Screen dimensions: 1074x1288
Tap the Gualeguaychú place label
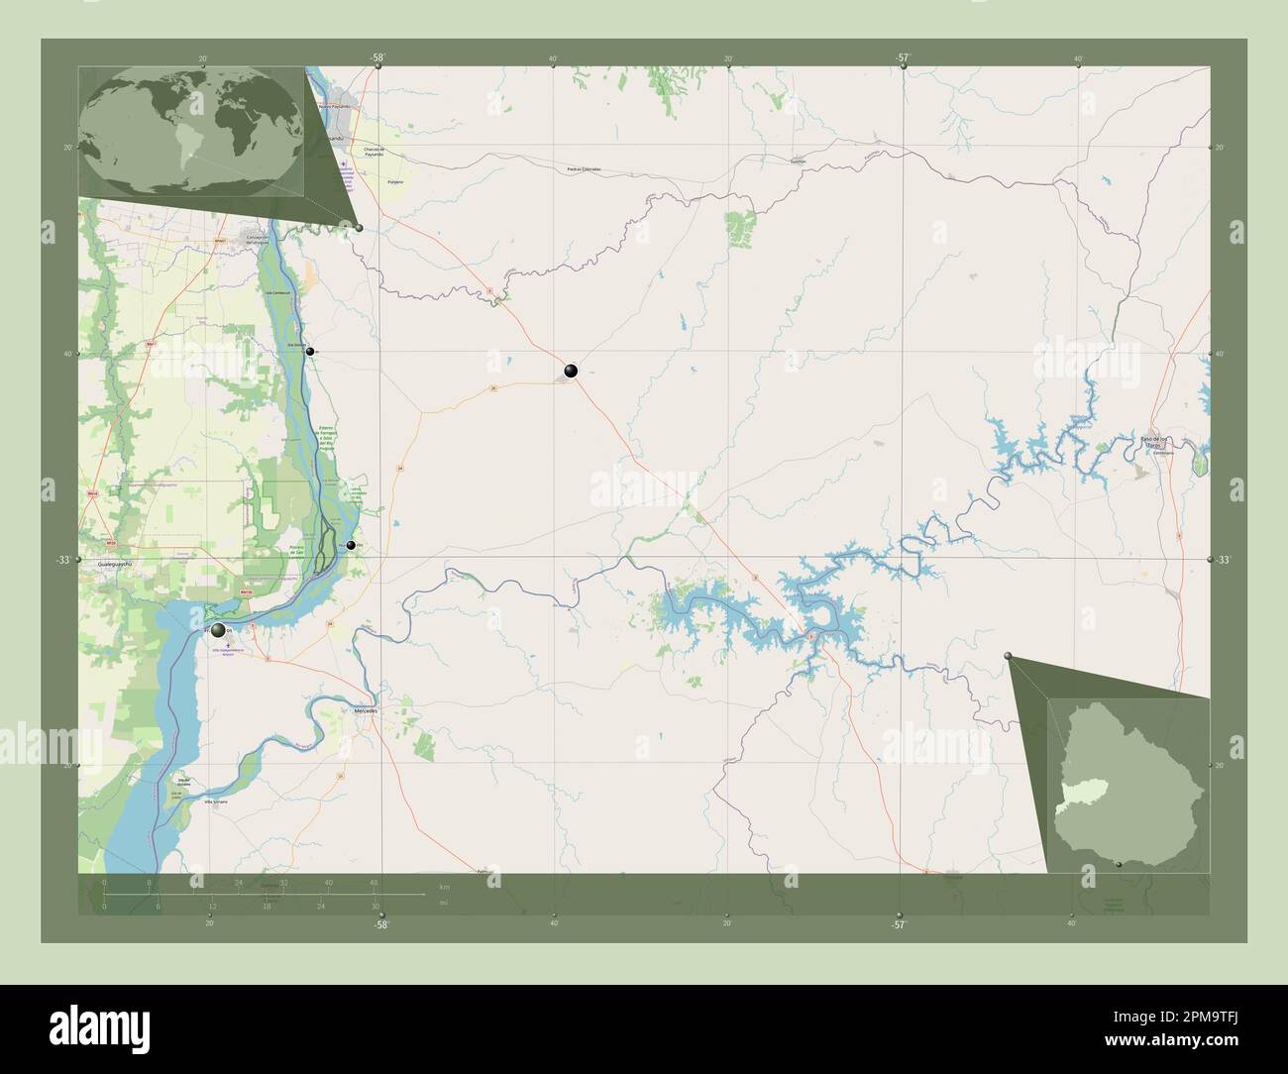coord(102,561)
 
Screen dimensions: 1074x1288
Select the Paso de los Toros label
coord(1156,441)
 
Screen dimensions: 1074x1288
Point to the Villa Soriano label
coord(215,803)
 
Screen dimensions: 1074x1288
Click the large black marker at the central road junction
coord(571,371)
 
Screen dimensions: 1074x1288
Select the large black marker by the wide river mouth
coord(218,630)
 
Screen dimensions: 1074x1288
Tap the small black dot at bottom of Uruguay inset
coord(1119,864)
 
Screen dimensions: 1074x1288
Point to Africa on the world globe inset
coord(244,114)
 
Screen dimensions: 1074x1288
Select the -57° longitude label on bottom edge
coord(898,925)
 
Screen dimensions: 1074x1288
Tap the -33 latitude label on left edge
coord(63,561)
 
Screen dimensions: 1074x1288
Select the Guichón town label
coord(800,160)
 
